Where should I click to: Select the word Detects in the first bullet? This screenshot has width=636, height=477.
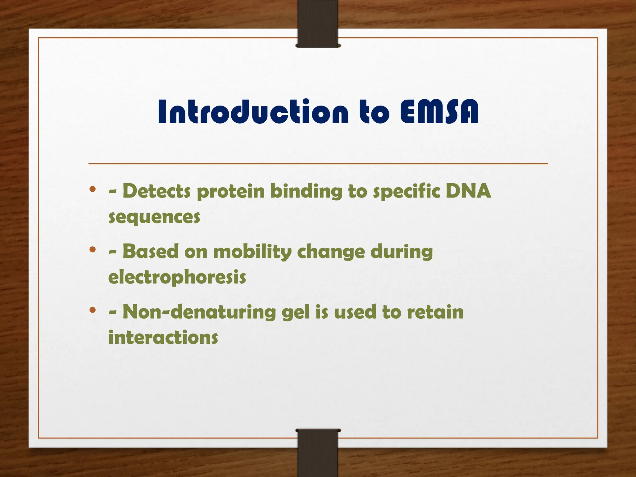(x=157, y=191)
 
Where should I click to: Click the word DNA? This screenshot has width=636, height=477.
(x=468, y=191)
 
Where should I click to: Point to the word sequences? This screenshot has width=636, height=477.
(x=154, y=217)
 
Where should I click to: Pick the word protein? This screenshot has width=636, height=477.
(x=230, y=192)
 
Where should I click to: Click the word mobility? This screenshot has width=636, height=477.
(x=252, y=252)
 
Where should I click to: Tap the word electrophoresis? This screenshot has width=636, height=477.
(x=177, y=277)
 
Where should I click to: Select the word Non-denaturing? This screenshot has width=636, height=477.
(x=199, y=311)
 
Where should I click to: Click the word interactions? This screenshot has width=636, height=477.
(x=163, y=337)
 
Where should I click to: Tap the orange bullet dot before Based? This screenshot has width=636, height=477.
(x=92, y=249)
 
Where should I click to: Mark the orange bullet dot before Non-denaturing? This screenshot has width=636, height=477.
(x=92, y=310)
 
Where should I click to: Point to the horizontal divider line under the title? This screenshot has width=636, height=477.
(x=318, y=163)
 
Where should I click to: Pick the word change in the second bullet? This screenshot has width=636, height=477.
(x=331, y=252)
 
